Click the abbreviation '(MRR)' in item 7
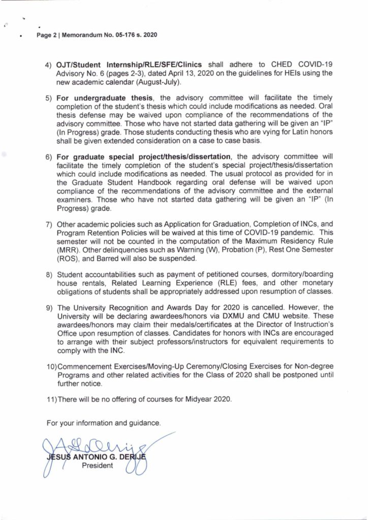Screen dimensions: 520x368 pos(69,250)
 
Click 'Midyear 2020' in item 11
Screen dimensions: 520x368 pos(209,400)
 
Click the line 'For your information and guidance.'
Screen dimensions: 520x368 pos(104,422)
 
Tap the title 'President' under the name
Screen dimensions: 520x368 pos(97,466)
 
